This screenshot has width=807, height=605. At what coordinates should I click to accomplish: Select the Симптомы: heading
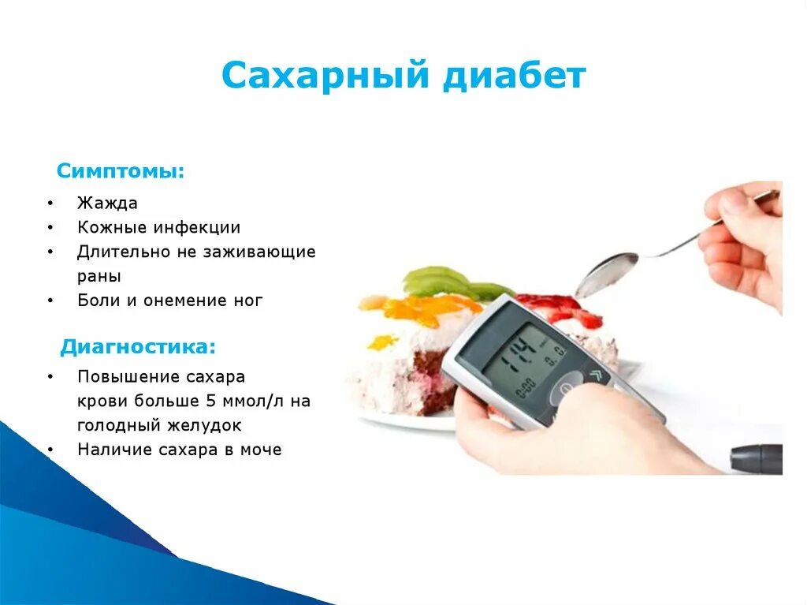coord(121,171)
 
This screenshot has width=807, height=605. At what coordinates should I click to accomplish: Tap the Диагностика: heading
coord(138,346)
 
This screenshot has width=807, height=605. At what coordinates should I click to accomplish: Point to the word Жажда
coord(107,204)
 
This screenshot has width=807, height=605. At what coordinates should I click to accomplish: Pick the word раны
coord(99,277)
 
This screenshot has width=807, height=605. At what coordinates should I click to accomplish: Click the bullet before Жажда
coord(50,204)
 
